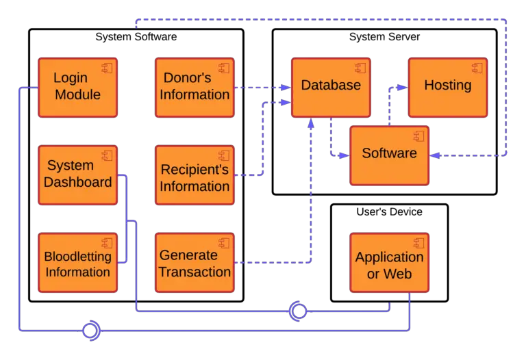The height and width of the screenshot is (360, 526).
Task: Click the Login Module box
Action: pos(77,88)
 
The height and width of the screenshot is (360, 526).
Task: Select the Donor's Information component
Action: pos(195,88)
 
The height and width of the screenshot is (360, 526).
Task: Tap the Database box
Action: pos(331,87)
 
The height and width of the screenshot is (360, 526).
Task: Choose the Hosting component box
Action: pos(447,87)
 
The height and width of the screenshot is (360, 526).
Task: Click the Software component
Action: pos(389,155)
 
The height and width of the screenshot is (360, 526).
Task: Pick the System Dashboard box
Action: pos(77,175)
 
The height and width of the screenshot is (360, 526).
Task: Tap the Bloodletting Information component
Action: pos(77,263)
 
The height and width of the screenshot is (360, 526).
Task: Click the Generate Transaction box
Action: pos(195,263)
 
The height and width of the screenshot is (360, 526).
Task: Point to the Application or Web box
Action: pos(389,263)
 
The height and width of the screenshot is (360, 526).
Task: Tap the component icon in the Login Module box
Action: pos(106,68)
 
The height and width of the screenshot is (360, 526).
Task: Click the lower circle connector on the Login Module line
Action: pos(91,332)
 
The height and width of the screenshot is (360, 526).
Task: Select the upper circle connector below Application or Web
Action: pos(297,311)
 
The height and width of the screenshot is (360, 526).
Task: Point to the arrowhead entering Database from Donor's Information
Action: pos(286,88)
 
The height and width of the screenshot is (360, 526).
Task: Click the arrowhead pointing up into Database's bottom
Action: pos(310,123)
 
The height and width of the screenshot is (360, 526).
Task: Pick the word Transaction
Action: pos(195,272)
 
